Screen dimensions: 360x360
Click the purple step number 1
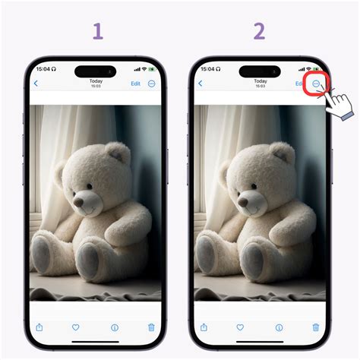point(97,31)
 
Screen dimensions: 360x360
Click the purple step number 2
point(260,31)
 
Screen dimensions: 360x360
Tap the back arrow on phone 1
point(36,84)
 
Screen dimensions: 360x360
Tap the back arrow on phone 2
point(200,84)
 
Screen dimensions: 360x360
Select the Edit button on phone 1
point(135,84)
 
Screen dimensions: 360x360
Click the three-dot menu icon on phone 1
point(152,84)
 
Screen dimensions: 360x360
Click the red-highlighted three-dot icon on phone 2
point(315,84)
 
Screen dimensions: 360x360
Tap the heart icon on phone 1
point(76,327)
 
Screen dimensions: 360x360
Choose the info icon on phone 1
point(115,327)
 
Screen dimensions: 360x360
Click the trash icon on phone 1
point(151,327)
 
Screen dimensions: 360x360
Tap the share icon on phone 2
point(204,327)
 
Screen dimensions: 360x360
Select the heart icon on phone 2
point(240,327)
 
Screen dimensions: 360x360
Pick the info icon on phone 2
point(279,327)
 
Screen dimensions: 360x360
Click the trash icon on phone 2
point(315,327)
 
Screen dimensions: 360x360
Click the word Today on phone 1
point(96,81)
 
